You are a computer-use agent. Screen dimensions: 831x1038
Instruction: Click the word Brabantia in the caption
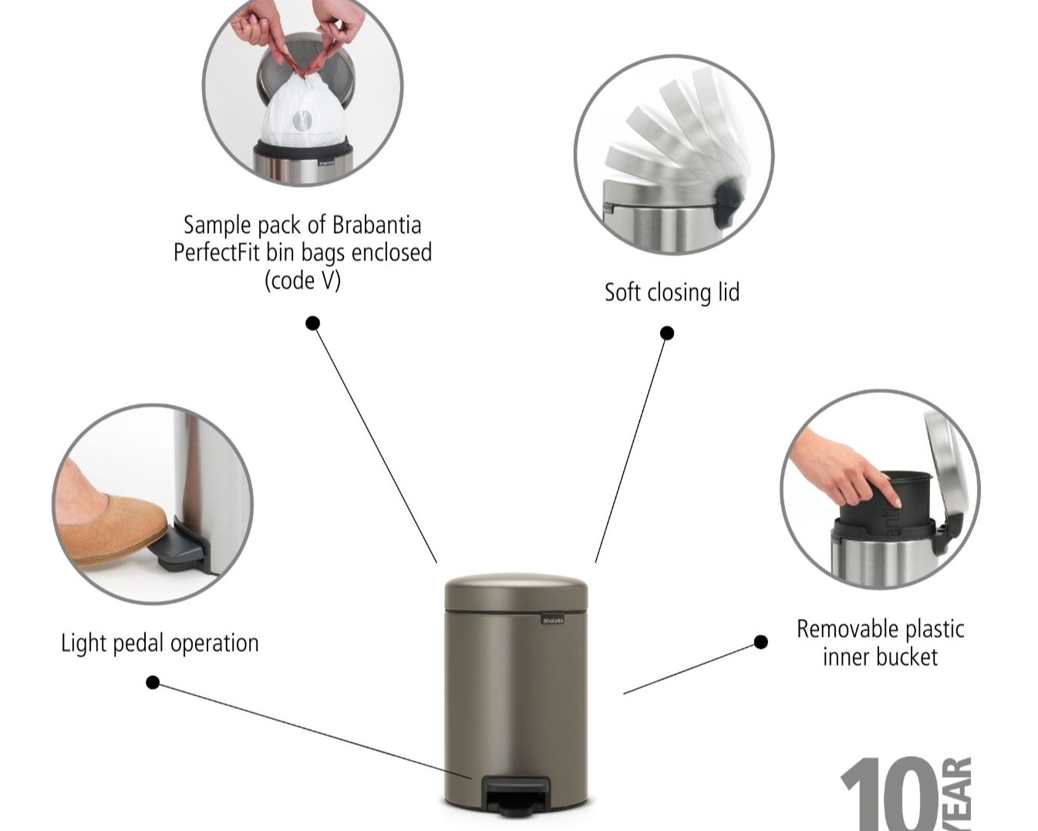point(376,225)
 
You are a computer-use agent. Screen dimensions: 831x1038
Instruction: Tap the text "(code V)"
point(302,279)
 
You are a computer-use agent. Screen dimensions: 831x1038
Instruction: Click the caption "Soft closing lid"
point(672,292)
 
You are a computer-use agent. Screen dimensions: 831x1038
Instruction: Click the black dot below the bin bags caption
point(312,323)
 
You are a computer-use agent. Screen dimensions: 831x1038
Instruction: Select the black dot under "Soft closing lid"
point(667,333)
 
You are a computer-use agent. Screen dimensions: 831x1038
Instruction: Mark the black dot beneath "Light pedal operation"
point(153,682)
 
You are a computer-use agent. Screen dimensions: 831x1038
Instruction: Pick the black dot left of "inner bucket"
point(761,642)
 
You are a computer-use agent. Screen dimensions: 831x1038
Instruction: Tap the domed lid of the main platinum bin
point(516,591)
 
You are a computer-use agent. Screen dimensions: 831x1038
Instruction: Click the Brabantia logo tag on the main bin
point(552,619)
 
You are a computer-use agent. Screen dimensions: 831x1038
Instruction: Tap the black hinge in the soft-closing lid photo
point(729,201)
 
